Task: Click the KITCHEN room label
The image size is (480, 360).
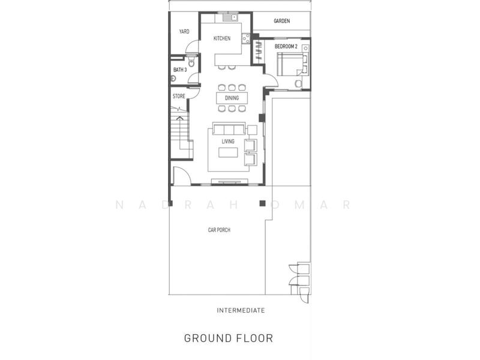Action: click(x=222, y=38)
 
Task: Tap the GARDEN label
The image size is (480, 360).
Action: click(x=281, y=21)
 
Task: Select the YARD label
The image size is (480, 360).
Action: click(x=184, y=31)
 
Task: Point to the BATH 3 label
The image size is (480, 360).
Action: click(x=180, y=70)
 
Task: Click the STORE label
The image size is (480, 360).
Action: click(x=179, y=96)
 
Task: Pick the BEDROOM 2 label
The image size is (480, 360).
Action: click(x=286, y=46)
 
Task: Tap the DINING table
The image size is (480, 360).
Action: click(x=232, y=98)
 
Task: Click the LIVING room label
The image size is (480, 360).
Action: click(x=228, y=141)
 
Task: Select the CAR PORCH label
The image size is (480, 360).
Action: click(x=219, y=230)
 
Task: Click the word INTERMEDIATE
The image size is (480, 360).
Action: click(x=241, y=310)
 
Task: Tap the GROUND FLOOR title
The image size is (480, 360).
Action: click(x=229, y=338)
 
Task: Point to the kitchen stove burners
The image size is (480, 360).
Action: click(x=246, y=38)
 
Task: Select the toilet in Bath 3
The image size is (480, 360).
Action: click(x=191, y=62)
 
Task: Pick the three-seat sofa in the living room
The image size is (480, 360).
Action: click(x=229, y=129)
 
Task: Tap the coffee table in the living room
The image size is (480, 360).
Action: click(x=228, y=152)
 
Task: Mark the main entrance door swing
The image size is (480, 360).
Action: click(x=182, y=175)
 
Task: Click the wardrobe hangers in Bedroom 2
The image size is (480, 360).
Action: click(x=259, y=50)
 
